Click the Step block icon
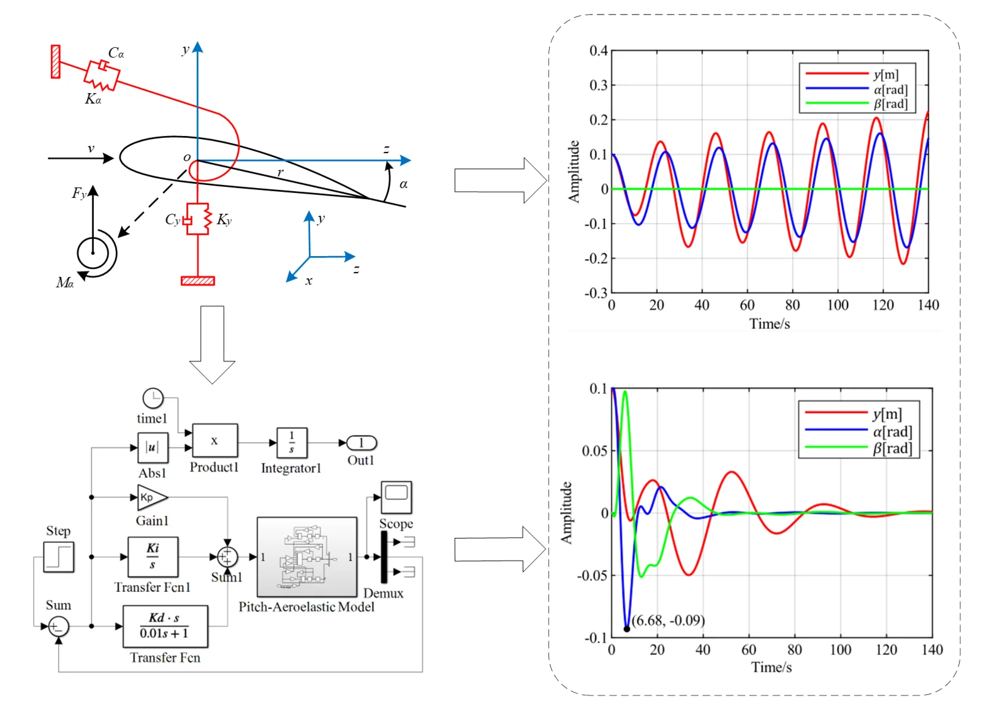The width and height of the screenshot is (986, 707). point(59,557)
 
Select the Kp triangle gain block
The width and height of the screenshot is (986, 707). point(151,497)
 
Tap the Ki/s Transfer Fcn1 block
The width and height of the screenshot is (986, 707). point(153,556)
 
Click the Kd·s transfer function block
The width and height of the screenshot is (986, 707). point(165,626)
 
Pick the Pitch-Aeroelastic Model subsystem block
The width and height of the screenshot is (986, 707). point(306,557)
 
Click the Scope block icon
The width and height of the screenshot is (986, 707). point(396,497)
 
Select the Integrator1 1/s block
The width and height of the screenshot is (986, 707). point(292,443)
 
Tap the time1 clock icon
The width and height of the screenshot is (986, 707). point(153,398)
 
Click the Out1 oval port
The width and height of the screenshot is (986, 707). point(361,443)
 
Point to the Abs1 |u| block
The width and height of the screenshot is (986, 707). point(152,447)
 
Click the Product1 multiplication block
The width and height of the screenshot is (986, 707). point(214,440)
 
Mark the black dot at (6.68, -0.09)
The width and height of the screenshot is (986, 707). point(627,629)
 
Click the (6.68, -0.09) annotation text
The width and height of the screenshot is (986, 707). point(669,620)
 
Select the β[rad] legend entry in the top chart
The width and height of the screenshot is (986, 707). point(890,104)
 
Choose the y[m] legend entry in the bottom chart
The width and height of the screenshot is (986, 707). point(887,414)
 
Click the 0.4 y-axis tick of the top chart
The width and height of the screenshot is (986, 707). point(598,50)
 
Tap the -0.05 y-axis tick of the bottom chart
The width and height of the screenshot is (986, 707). point(593,575)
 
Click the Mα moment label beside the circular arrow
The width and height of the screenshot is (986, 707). point(64,282)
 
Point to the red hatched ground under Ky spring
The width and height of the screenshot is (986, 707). point(198,281)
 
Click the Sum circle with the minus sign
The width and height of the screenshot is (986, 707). point(59,626)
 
